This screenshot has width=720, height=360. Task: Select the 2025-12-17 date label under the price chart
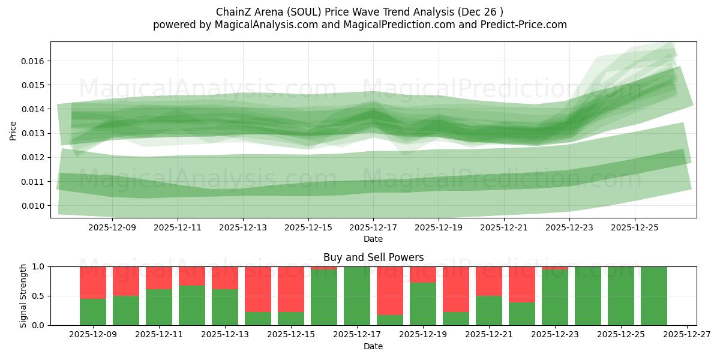(373, 228)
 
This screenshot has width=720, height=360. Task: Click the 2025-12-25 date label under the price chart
(635, 228)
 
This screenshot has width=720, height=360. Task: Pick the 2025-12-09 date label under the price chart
(112, 228)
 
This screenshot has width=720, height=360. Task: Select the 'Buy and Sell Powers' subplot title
(373, 257)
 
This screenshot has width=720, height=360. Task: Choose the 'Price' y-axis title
(14, 130)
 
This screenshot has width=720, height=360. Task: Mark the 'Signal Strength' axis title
(24, 296)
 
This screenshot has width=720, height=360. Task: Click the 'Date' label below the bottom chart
(373, 346)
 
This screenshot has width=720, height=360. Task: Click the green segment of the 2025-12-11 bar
(159, 307)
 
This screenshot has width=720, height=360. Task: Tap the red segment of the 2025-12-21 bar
(489, 281)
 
